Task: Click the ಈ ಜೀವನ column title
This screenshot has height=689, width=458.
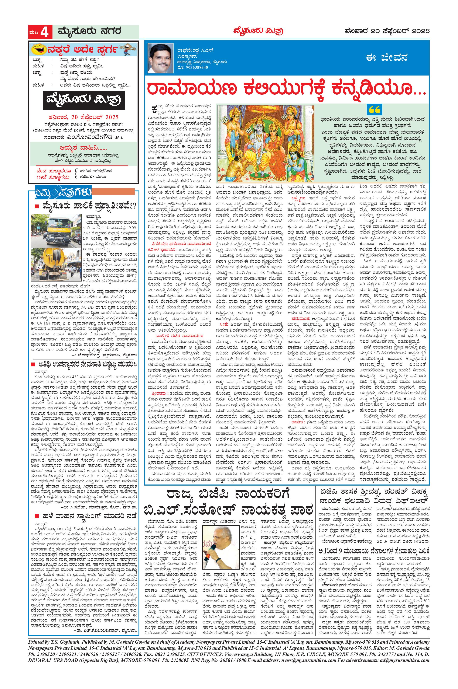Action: tap(387, 57)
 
